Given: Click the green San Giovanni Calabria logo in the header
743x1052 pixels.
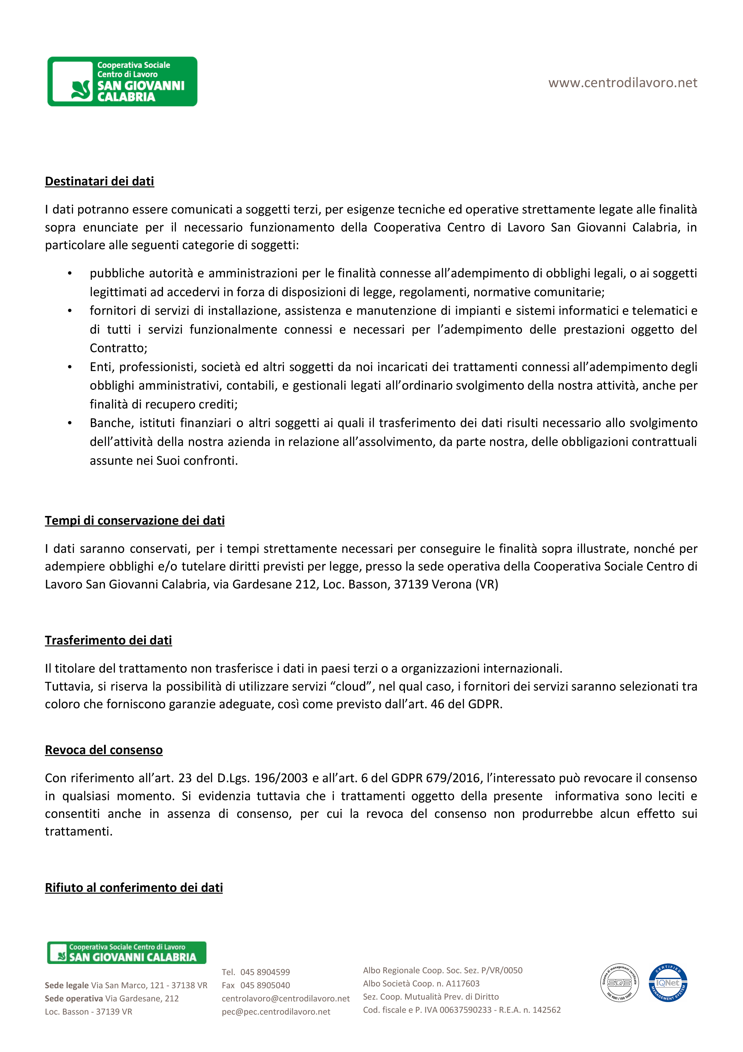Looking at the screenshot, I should click(x=122, y=81).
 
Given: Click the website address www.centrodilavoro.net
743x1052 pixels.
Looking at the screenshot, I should click(x=622, y=83).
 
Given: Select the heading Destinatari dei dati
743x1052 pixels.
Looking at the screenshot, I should click(x=99, y=181).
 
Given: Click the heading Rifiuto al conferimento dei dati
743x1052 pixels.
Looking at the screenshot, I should click(x=134, y=888).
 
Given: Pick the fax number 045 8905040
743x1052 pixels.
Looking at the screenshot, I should click(x=265, y=985).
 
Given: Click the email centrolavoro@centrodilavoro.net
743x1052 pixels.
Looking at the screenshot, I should click(x=286, y=998).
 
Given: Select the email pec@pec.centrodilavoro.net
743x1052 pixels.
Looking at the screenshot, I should click(x=276, y=1012).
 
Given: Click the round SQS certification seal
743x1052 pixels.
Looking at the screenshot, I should click(x=619, y=983).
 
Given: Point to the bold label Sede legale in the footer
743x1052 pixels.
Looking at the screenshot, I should click(x=67, y=985).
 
